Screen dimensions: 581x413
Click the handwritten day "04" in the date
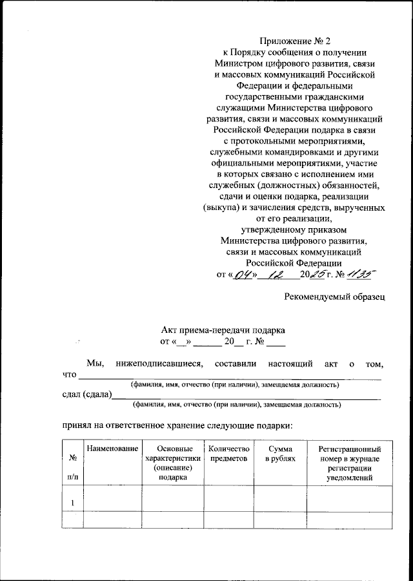[244, 275]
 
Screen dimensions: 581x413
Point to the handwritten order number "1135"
[360, 275]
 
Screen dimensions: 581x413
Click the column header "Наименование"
[112, 449]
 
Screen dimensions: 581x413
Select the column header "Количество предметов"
[225, 453]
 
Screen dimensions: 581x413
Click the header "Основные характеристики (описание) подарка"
[172, 462]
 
